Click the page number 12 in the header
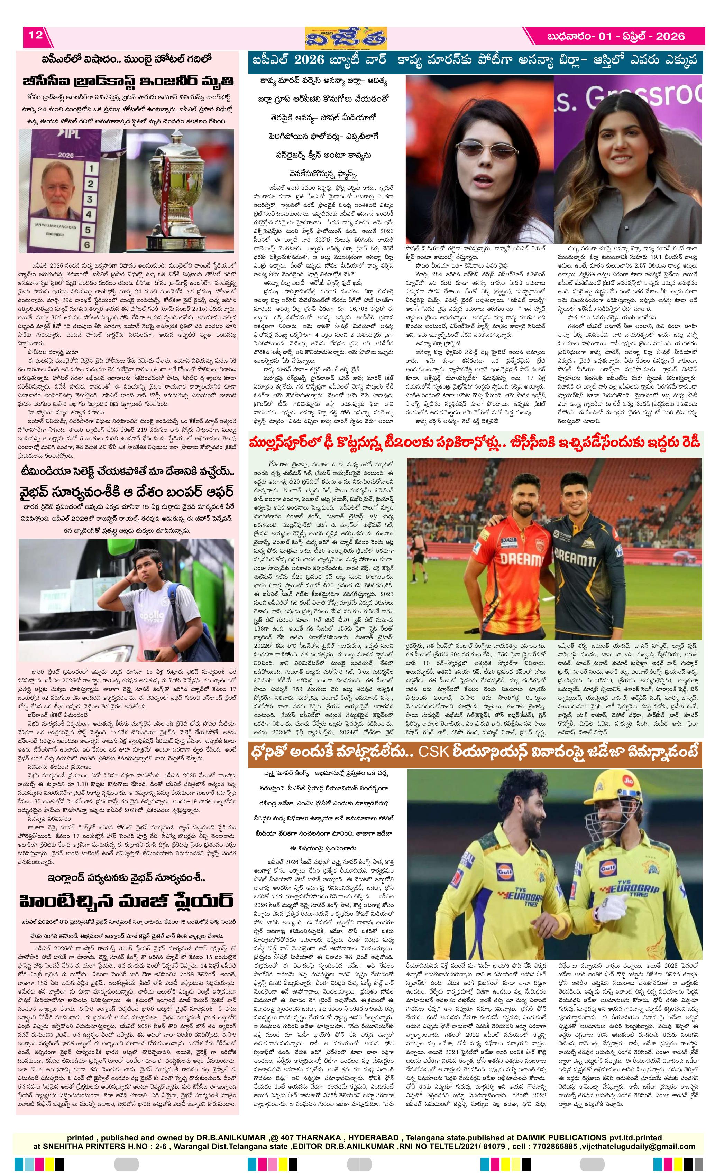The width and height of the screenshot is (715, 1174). click(x=36, y=35)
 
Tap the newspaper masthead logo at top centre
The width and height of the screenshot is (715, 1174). click(x=347, y=38)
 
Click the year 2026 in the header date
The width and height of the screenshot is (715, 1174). click(x=669, y=36)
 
